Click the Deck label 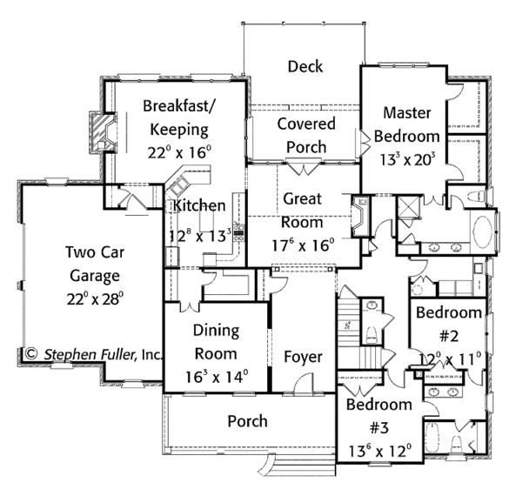click(305, 66)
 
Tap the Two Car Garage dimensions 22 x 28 click(95, 298)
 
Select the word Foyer click(303, 357)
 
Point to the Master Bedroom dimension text click(407, 160)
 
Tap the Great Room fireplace click(359, 217)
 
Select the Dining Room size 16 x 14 click(217, 377)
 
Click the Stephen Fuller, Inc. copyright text click(94, 354)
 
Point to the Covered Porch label click(306, 135)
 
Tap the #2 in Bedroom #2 click(449, 336)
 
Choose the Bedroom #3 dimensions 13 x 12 click(379, 451)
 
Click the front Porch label click(247, 421)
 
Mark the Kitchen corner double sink click(178, 185)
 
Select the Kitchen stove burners click(239, 232)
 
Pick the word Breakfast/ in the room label click(179, 106)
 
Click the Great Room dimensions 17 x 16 click(303, 245)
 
